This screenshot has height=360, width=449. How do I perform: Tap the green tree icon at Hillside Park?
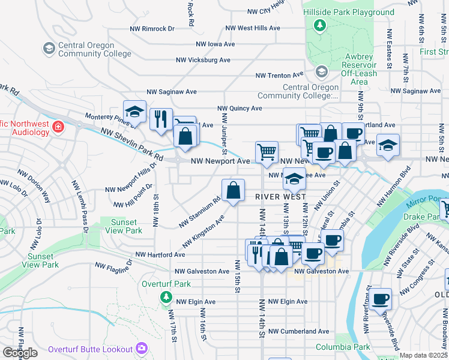pyautogui.click(x=321, y=25)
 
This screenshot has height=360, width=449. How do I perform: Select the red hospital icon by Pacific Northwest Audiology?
pyautogui.click(x=58, y=127)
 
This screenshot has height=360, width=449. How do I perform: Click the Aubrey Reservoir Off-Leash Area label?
pyautogui.click(x=359, y=69)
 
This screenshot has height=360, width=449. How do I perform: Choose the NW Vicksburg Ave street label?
pyautogui.click(x=203, y=60)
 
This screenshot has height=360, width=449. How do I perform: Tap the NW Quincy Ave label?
pyautogui.click(x=240, y=109)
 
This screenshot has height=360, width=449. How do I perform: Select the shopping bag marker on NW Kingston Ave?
pyautogui.click(x=234, y=191)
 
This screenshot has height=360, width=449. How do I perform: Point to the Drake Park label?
pyautogui.click(x=423, y=216)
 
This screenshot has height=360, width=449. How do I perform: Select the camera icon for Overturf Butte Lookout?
pyautogui.click(x=142, y=348)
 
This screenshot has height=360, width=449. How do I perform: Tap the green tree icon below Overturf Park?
pyautogui.click(x=165, y=296)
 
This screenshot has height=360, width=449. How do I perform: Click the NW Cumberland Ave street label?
pyautogui.click(x=298, y=331)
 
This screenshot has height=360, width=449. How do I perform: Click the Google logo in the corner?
pyautogui.click(x=20, y=353)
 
